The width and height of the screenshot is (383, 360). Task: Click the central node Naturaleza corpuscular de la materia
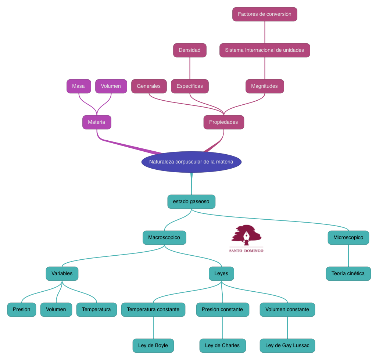click(x=191, y=162)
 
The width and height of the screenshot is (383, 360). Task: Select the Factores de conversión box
click(x=265, y=14)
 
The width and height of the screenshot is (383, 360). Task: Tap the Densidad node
click(x=190, y=50)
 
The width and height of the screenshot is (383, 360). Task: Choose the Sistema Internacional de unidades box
click(x=265, y=50)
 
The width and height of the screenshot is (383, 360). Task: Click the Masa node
click(x=79, y=86)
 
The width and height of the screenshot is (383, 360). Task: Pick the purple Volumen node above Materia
click(x=111, y=86)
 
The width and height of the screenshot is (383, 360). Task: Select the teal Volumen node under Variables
click(x=56, y=310)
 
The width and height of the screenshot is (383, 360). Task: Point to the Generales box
click(x=149, y=86)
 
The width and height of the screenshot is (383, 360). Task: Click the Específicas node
click(x=190, y=86)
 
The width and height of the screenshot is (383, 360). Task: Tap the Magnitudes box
click(x=265, y=86)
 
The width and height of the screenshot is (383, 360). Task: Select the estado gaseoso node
click(x=191, y=202)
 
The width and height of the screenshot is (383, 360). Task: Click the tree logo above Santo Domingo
click(x=247, y=235)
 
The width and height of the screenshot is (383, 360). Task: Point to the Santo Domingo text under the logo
click(x=246, y=251)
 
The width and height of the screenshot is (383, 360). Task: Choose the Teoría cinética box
click(x=348, y=274)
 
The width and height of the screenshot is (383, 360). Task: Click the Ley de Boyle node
click(x=153, y=346)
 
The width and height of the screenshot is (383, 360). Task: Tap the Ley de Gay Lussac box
click(x=287, y=346)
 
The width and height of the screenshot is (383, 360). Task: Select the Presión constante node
click(x=222, y=310)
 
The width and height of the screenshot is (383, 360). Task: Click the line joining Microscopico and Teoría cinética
click(x=348, y=256)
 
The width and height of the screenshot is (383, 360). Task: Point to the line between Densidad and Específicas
click(x=190, y=68)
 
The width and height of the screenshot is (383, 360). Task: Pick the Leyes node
click(x=221, y=274)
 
